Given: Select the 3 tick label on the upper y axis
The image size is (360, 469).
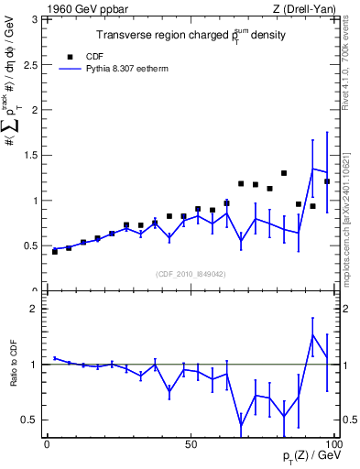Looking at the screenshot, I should point(37,19).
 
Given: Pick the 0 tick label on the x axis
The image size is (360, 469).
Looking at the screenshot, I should point(47,443).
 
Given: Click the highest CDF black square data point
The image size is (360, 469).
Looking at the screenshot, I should point(284,173).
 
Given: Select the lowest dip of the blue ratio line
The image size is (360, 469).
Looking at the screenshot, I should point(241,424).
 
